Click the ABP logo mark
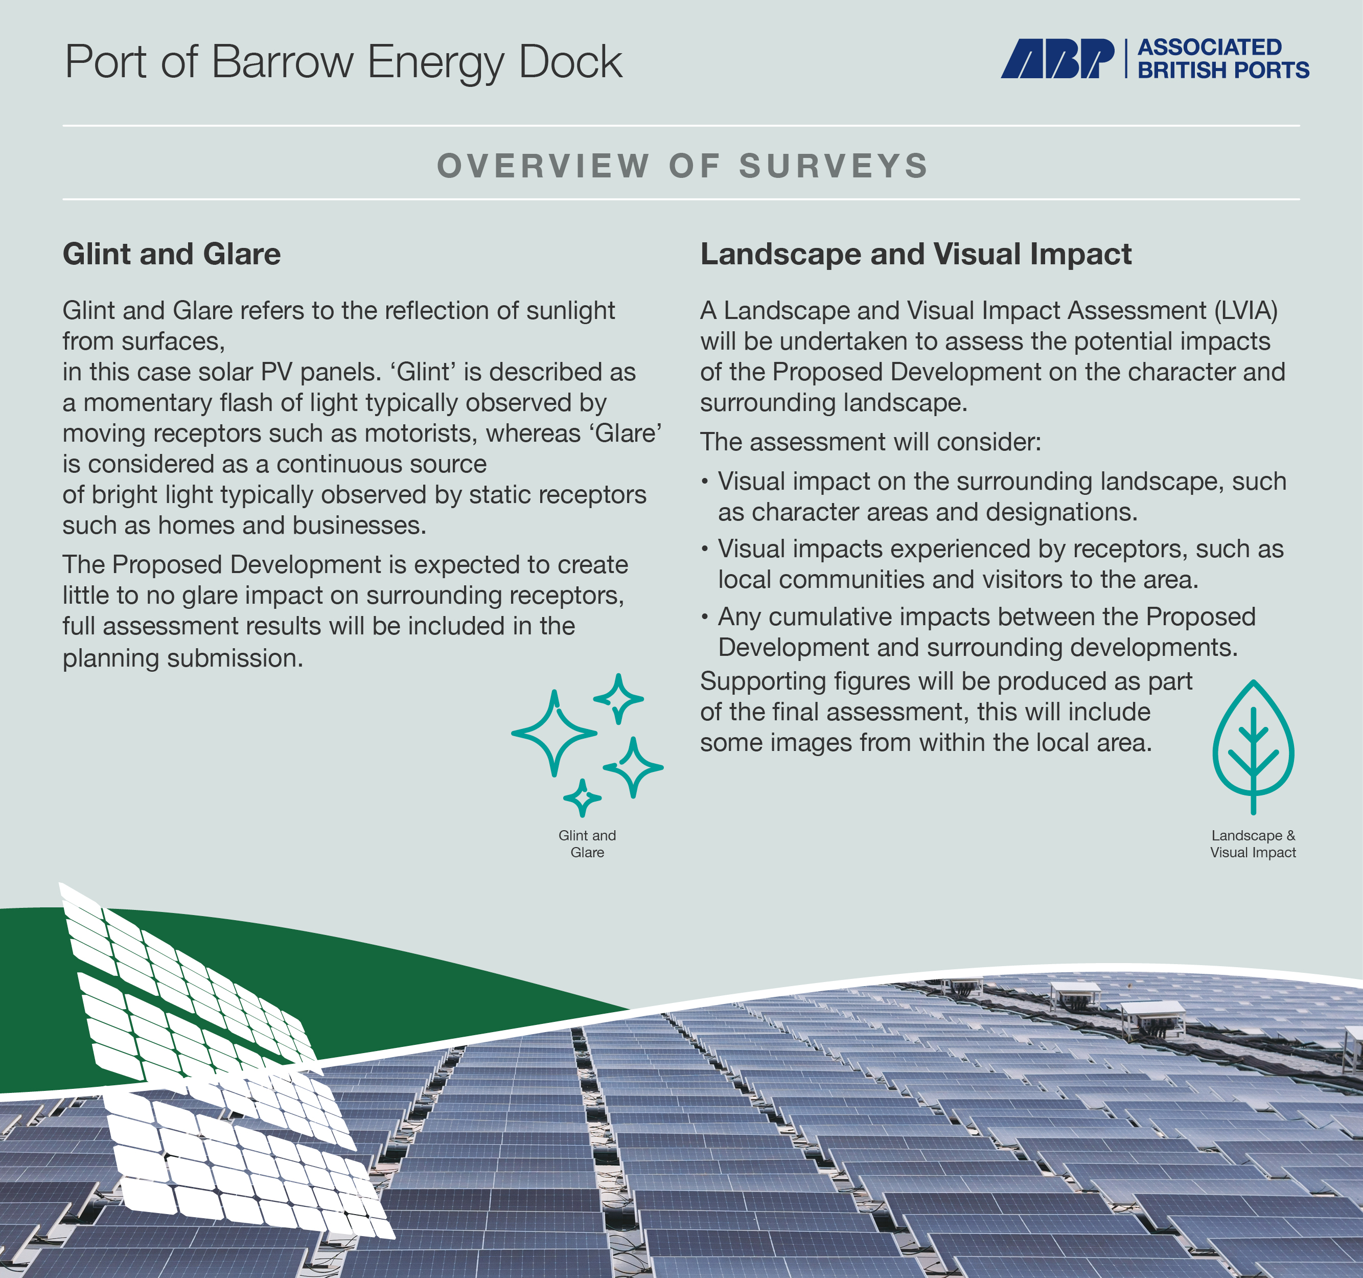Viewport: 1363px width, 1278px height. [1057, 58]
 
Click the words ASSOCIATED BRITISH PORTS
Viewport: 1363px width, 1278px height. [1223, 58]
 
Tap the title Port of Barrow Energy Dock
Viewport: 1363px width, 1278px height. [343, 62]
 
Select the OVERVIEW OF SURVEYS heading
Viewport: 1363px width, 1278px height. [682, 166]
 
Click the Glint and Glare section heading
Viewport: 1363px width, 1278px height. [171, 254]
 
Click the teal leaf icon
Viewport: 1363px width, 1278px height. [1253, 747]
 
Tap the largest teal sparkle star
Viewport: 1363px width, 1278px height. [554, 733]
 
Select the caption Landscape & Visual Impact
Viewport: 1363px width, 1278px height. [1253, 844]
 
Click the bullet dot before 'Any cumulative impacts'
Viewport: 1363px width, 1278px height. [705, 617]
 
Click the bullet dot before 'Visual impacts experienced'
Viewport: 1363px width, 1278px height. [705, 549]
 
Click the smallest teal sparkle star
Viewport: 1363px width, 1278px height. [582, 798]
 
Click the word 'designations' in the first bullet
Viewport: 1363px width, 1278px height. [1056, 512]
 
